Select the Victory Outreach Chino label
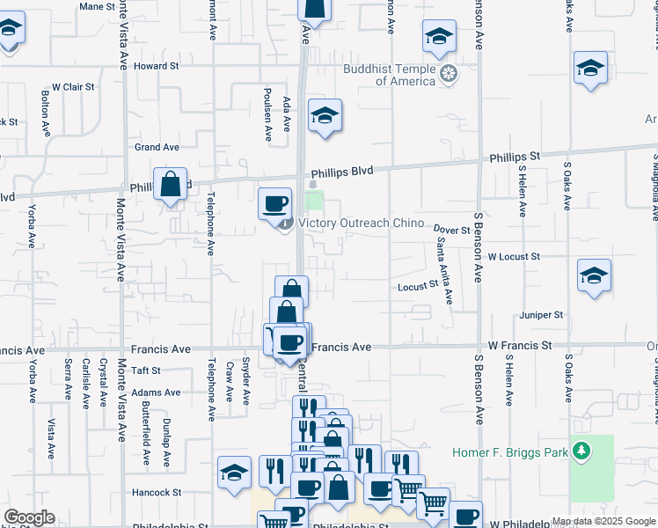tap(362, 224)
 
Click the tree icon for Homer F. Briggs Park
tap(581, 453)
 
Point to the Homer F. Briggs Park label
tap(511, 453)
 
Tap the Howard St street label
tap(157, 66)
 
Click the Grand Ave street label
tap(157, 147)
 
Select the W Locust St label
tap(513, 256)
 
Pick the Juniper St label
tap(541, 314)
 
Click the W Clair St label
tap(73, 87)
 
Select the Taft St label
tap(146, 371)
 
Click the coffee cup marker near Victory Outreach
tap(274, 205)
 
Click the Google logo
tap(29, 517)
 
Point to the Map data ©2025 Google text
tap(603, 521)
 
